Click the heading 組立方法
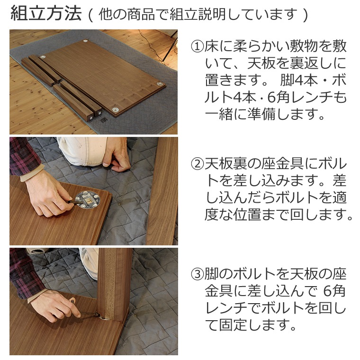pyautogui.click(x=45, y=14)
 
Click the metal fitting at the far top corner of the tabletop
pyautogui.click(x=86, y=42)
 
